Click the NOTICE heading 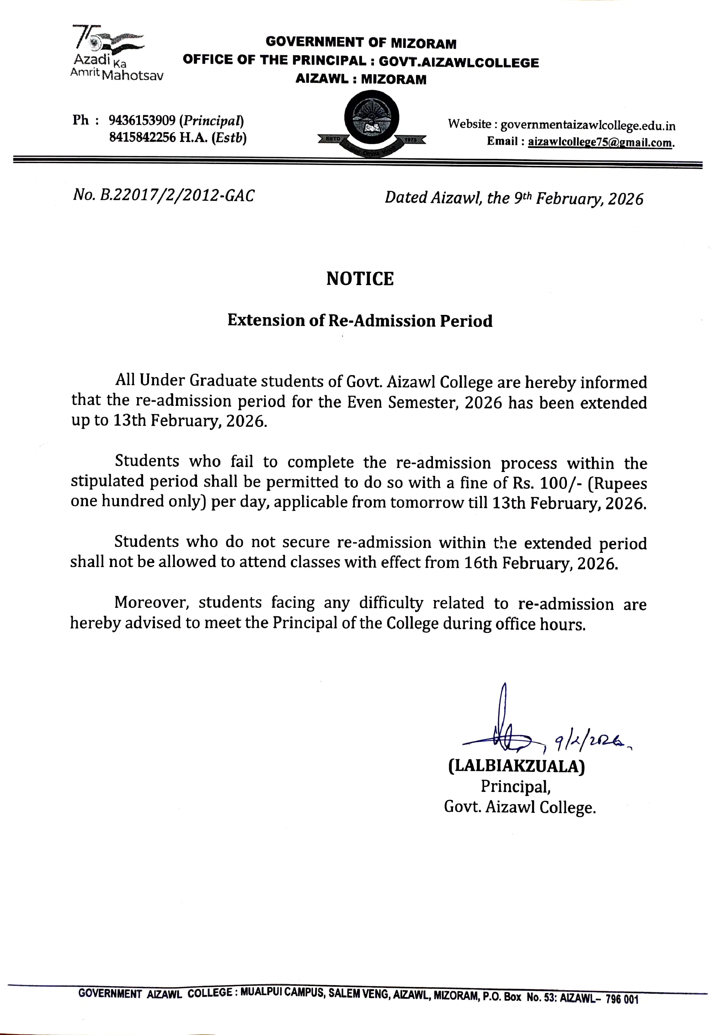pyautogui.click(x=360, y=279)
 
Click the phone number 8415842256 pyautogui.click(x=142, y=137)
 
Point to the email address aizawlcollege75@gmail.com pyautogui.click(x=600, y=142)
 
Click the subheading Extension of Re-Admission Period pyautogui.click(x=360, y=321)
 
